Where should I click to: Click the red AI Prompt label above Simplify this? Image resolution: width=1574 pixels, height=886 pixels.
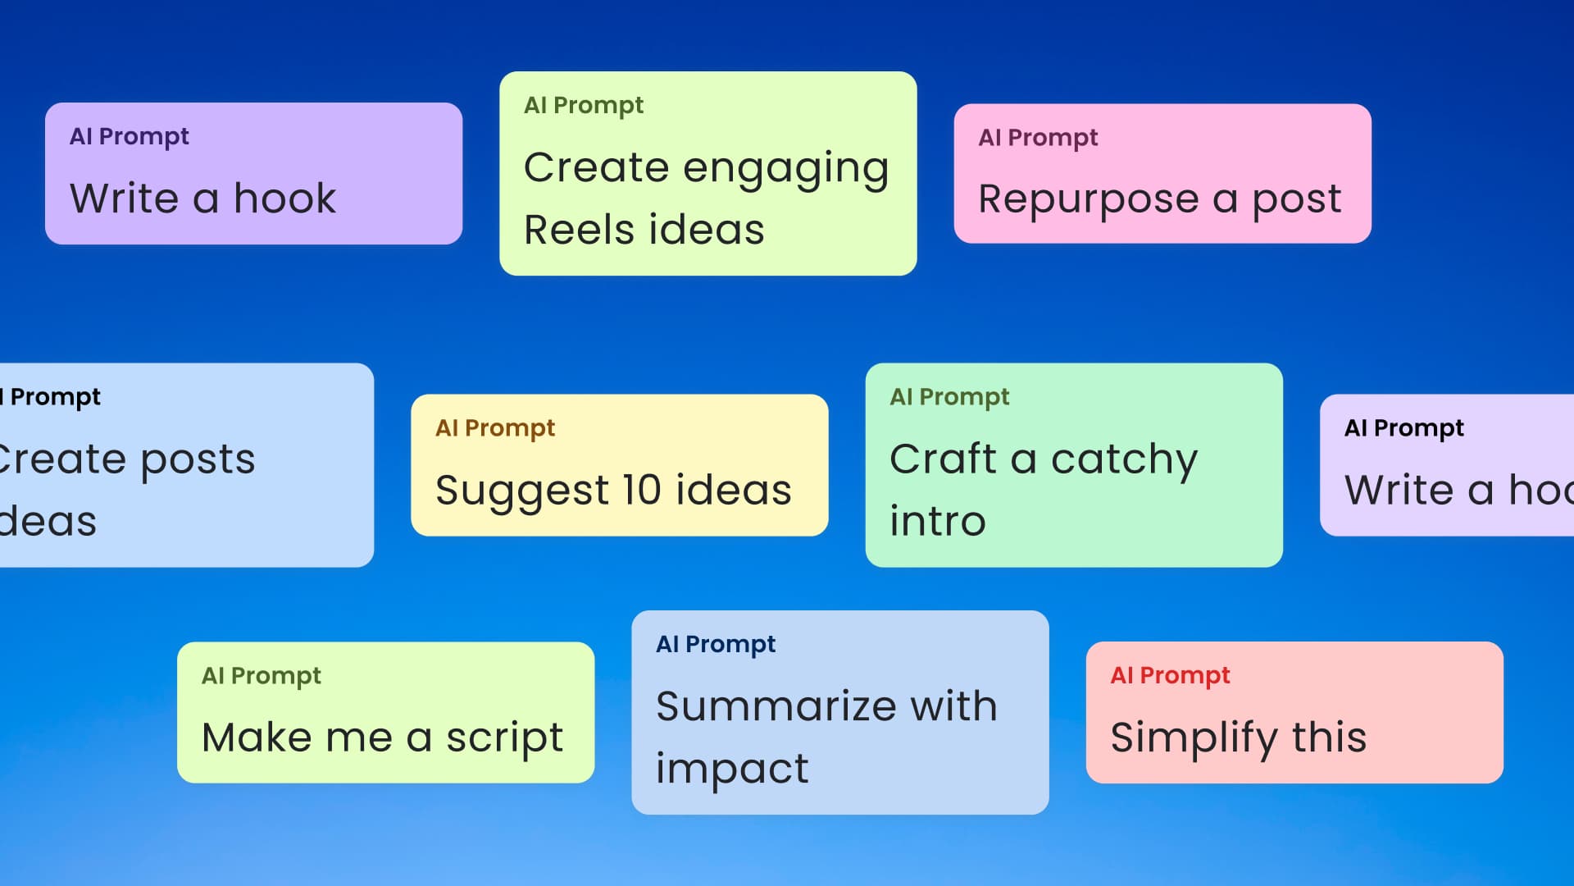(1170, 675)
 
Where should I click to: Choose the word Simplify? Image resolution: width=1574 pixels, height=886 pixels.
(1193, 738)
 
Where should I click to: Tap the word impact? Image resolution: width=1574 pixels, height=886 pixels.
(732, 770)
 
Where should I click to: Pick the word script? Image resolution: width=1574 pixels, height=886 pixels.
(504, 738)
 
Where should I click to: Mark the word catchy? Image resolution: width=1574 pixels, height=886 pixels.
(1124, 459)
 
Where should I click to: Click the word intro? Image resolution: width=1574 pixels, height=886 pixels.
(938, 522)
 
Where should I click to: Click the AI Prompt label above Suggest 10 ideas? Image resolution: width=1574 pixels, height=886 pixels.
(495, 428)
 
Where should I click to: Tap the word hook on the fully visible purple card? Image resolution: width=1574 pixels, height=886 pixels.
(284, 199)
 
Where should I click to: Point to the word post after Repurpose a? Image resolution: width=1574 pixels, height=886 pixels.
(1296, 200)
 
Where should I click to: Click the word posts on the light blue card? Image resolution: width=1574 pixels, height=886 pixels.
(198, 459)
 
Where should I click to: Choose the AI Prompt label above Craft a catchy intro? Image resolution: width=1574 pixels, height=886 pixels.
(949, 397)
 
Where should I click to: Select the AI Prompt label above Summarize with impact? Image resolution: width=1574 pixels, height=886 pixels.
(716, 644)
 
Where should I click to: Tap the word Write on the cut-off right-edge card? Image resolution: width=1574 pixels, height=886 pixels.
(1399, 490)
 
